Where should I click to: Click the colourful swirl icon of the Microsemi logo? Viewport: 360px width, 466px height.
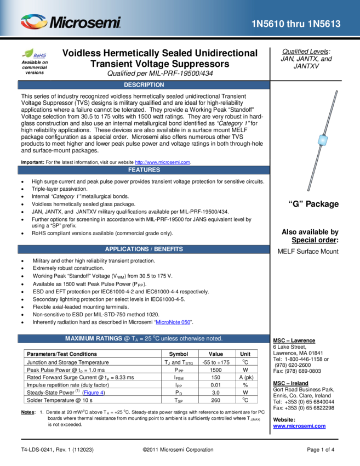coord(33,22)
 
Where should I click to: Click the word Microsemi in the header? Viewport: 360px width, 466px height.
coord(85,23)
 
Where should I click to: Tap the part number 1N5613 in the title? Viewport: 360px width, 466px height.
coord(325,24)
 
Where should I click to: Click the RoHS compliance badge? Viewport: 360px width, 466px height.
coord(34,54)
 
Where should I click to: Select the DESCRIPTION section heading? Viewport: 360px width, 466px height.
coord(144,85)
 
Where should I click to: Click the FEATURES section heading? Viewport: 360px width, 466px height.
coord(144,170)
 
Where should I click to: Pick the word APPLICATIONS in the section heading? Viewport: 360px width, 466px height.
coord(127,249)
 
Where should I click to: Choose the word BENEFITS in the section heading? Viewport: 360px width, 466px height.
coord(168,249)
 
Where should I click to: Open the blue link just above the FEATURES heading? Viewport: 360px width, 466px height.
coord(162,162)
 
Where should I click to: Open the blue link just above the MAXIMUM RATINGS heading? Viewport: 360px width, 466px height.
coord(173,322)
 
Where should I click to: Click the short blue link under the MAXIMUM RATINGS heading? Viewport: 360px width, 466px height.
coord(94,393)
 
